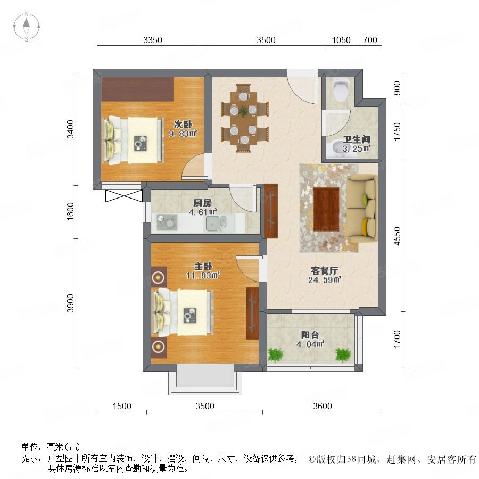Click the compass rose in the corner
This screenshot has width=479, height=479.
[27, 27]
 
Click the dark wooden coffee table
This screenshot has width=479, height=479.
[326, 209]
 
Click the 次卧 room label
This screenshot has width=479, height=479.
[183, 125]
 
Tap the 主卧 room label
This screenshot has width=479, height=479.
[203, 267]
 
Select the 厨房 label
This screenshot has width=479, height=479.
[202, 203]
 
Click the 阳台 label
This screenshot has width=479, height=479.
[310, 335]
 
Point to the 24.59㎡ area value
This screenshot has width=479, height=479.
[325, 280]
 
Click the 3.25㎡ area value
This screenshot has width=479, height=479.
[357, 149]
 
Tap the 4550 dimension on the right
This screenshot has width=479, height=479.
[397, 236]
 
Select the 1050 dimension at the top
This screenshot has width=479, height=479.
[341, 40]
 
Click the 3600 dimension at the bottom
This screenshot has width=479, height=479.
[323, 406]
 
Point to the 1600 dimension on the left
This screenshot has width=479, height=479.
[70, 211]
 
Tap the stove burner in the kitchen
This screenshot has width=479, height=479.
[167, 222]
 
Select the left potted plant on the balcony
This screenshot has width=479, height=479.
[276, 355]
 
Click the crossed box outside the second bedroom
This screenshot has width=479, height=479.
[123, 196]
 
